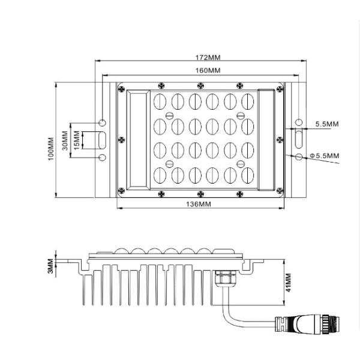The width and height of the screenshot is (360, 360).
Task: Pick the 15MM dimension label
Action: (x=76, y=141)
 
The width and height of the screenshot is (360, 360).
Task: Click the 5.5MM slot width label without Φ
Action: (x=327, y=124)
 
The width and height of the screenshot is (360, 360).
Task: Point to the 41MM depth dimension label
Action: (x=287, y=283)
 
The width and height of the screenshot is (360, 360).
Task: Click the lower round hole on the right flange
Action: (x=298, y=157)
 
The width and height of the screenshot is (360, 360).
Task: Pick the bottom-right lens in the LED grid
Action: (x=246, y=175)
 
